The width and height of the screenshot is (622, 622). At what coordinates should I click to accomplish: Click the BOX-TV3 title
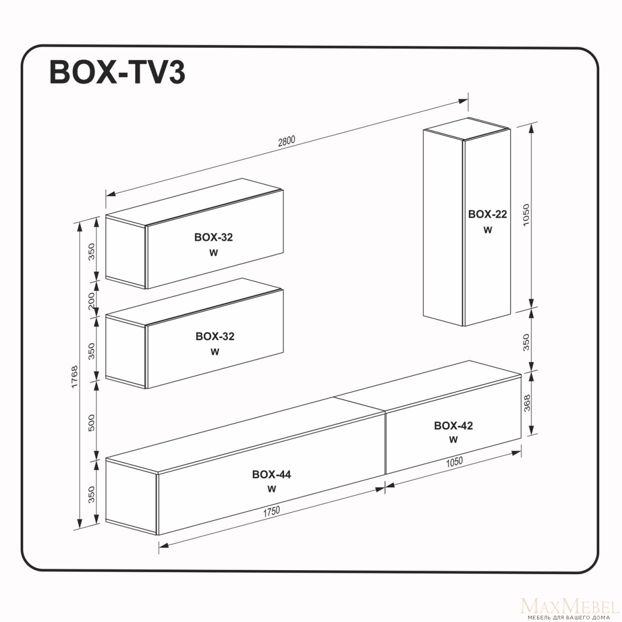(118, 73)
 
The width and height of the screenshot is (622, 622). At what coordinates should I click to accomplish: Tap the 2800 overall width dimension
(287, 142)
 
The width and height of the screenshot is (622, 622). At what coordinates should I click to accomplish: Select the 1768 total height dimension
(75, 377)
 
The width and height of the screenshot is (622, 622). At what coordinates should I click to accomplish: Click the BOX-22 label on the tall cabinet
(487, 214)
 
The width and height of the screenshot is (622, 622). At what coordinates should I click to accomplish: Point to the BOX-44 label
(272, 474)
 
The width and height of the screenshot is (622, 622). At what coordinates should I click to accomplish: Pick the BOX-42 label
(453, 426)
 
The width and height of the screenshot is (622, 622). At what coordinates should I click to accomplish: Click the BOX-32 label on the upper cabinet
(214, 237)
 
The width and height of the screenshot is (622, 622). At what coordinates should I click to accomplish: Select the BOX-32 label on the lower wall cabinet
(215, 336)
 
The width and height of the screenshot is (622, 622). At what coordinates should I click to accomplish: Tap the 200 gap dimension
(92, 301)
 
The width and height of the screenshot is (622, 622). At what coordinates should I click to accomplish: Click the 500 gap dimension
(92, 423)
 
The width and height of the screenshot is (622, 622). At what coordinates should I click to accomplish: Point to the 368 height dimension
(527, 403)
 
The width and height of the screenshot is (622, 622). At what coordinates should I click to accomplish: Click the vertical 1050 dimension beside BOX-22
(526, 215)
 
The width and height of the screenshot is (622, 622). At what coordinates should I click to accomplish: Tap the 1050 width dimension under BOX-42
(454, 462)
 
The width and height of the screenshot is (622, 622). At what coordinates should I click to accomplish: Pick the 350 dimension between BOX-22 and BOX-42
(526, 343)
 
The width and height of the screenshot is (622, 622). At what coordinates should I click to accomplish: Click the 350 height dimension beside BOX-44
(92, 494)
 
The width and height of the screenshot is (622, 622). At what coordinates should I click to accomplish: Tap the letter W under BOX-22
(488, 230)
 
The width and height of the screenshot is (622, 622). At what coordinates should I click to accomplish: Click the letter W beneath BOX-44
(272, 489)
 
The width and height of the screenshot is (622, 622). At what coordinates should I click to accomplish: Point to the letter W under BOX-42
(453, 440)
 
